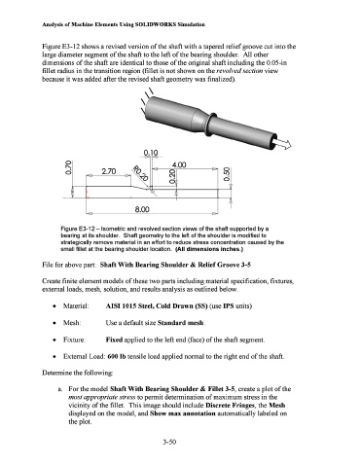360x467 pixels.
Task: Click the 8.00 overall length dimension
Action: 142,209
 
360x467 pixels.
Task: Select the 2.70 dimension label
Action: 109,171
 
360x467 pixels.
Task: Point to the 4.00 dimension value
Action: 179,164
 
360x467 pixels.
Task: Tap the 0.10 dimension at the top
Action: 151,153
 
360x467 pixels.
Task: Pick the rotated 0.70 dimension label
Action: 68,167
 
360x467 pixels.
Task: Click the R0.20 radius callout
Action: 140,173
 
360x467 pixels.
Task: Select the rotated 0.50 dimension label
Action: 227,174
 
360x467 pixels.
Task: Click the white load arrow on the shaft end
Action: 283,144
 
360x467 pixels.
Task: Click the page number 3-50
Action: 169,442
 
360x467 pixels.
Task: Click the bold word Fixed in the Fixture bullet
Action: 114,340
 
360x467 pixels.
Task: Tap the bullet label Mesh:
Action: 72,323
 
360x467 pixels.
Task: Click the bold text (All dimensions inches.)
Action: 209,249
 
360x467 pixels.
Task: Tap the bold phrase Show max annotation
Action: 183,413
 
